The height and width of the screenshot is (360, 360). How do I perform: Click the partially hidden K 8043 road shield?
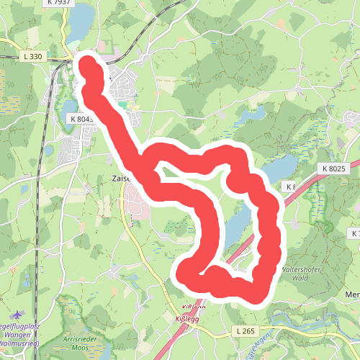tap(82, 117)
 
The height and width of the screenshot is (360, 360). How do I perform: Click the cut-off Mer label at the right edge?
tap(353, 294)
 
